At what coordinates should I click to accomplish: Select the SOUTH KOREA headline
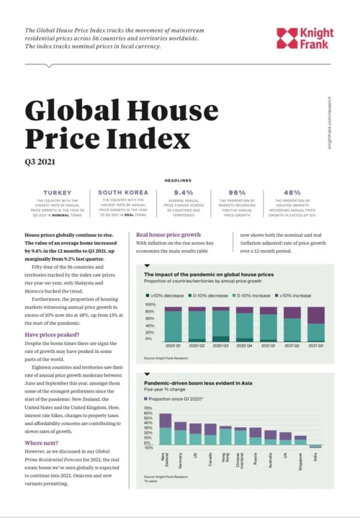tap(124, 193)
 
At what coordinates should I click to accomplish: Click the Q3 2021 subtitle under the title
tap(41, 162)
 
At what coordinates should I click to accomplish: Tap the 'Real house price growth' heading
tap(170, 235)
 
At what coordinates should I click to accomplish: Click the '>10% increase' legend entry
tap(287, 296)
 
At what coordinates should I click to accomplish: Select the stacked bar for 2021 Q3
tap(315, 324)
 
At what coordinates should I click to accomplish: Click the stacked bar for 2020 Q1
tap(173, 324)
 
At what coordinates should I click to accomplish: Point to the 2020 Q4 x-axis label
tap(244, 347)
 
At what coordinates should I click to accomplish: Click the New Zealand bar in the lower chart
tap(165, 429)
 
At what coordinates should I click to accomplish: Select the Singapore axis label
tap(300, 458)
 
